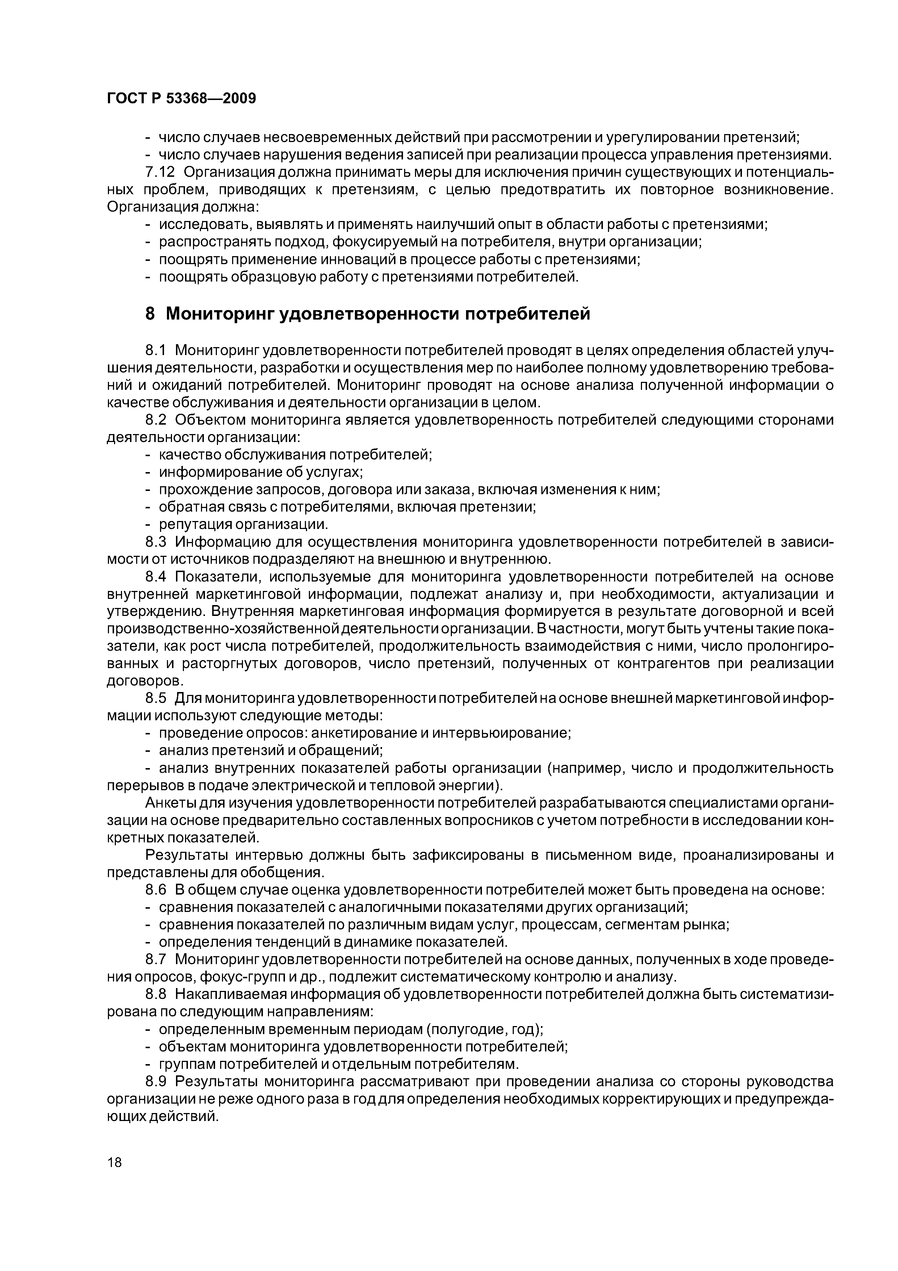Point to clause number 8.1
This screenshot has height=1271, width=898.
[156, 350]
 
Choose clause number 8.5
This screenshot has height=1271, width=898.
[156, 698]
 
